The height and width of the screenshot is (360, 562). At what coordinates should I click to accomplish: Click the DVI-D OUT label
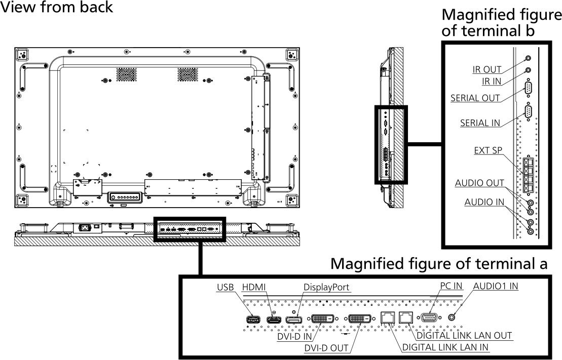pyautogui.click(x=326, y=348)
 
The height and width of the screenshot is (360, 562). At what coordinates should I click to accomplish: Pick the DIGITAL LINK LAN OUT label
pyautogui.click(x=464, y=336)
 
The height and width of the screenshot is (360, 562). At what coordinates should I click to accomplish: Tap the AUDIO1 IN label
pyautogui.click(x=496, y=286)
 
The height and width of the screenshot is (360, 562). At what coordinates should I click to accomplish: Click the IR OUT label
pyautogui.click(x=486, y=70)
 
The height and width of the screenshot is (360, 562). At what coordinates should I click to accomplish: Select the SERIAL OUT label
pyautogui.click(x=475, y=98)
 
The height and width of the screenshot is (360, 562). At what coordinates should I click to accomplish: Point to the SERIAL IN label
pyautogui.click(x=480, y=123)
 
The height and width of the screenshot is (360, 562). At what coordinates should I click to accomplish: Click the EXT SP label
pyautogui.click(x=488, y=150)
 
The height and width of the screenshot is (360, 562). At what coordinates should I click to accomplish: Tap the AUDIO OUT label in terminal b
pyautogui.click(x=479, y=183)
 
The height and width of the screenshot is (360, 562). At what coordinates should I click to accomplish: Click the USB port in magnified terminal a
pyautogui.click(x=253, y=319)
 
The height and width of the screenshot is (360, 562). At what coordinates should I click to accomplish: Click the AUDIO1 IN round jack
pyautogui.click(x=454, y=317)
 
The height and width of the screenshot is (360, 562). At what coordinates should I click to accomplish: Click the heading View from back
pyautogui.click(x=57, y=8)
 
